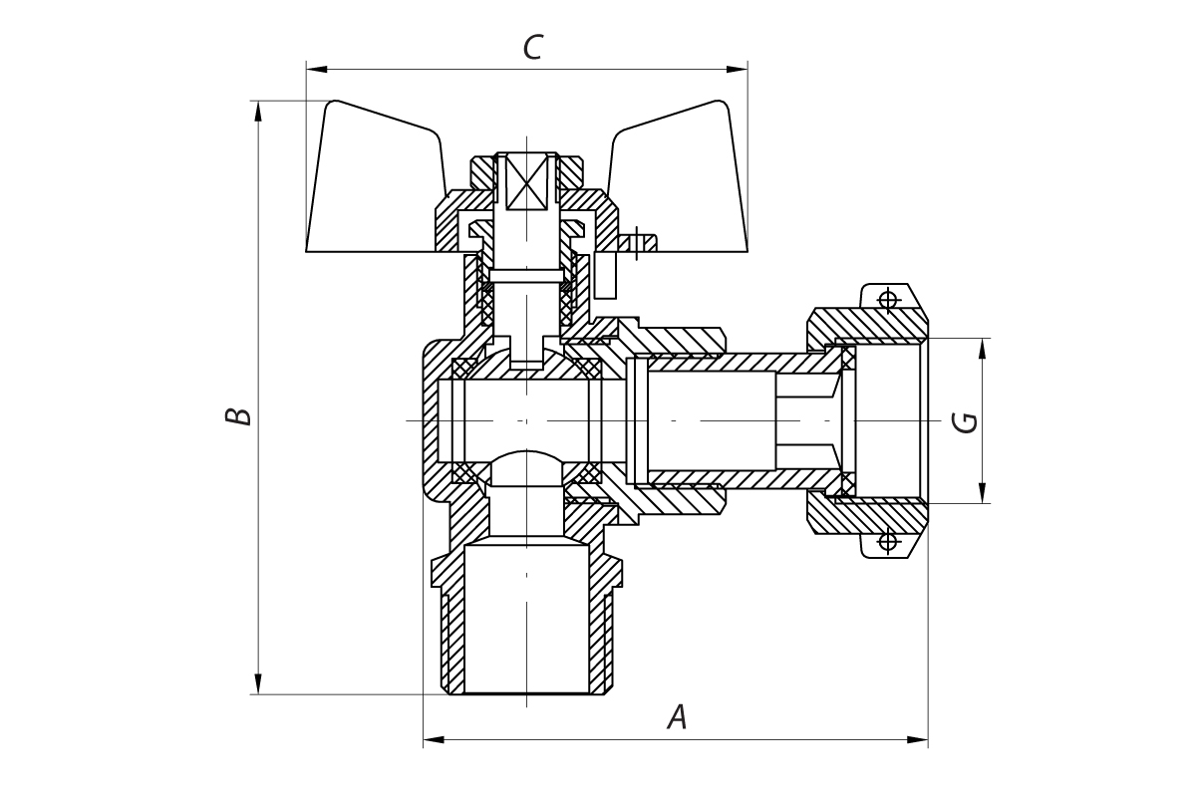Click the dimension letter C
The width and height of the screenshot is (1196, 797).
pos(533,48)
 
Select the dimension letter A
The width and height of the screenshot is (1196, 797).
pos(678,717)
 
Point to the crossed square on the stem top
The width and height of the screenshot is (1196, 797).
pos(527,182)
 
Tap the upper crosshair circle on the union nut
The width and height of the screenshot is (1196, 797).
pos(887,298)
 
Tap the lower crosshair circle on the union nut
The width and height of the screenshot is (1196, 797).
pos(887,542)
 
